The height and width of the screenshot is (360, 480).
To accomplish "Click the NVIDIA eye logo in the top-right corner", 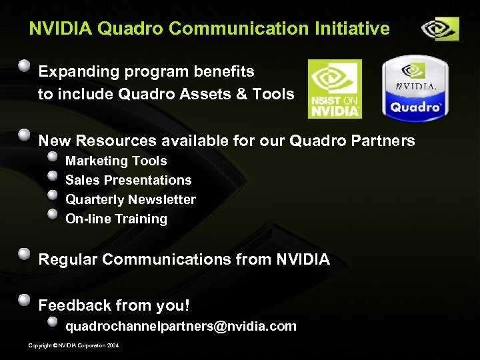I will pyautogui.click(x=439, y=29).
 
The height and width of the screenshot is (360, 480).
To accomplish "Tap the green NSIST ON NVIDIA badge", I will pyautogui.click(x=335, y=89).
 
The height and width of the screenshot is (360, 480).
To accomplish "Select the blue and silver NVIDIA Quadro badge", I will pyautogui.click(x=415, y=88).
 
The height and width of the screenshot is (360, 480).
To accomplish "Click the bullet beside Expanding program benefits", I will pyautogui.click(x=24, y=66).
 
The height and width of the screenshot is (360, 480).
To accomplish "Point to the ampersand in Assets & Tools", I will pyautogui.click(x=237, y=94).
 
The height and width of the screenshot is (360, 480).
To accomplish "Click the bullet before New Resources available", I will pyautogui.click(x=24, y=135).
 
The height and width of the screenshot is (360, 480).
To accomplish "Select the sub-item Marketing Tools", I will pyautogui.click(x=116, y=161).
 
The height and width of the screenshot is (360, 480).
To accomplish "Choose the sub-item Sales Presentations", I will pyautogui.click(x=128, y=180).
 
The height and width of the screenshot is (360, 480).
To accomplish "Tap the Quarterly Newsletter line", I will pyautogui.click(x=131, y=199).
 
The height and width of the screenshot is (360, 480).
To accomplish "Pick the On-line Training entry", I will pyautogui.click(x=116, y=219).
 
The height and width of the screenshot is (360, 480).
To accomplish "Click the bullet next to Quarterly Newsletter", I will pyautogui.click(x=53, y=195).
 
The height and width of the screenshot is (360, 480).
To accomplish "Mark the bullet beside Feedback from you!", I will pyautogui.click(x=24, y=299).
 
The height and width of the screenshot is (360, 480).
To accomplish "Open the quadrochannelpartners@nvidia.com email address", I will pyautogui.click(x=181, y=327).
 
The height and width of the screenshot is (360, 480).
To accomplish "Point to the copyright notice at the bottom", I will pyautogui.click(x=74, y=345).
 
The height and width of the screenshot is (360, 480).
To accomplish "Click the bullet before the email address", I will pyautogui.click(x=53, y=321).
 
